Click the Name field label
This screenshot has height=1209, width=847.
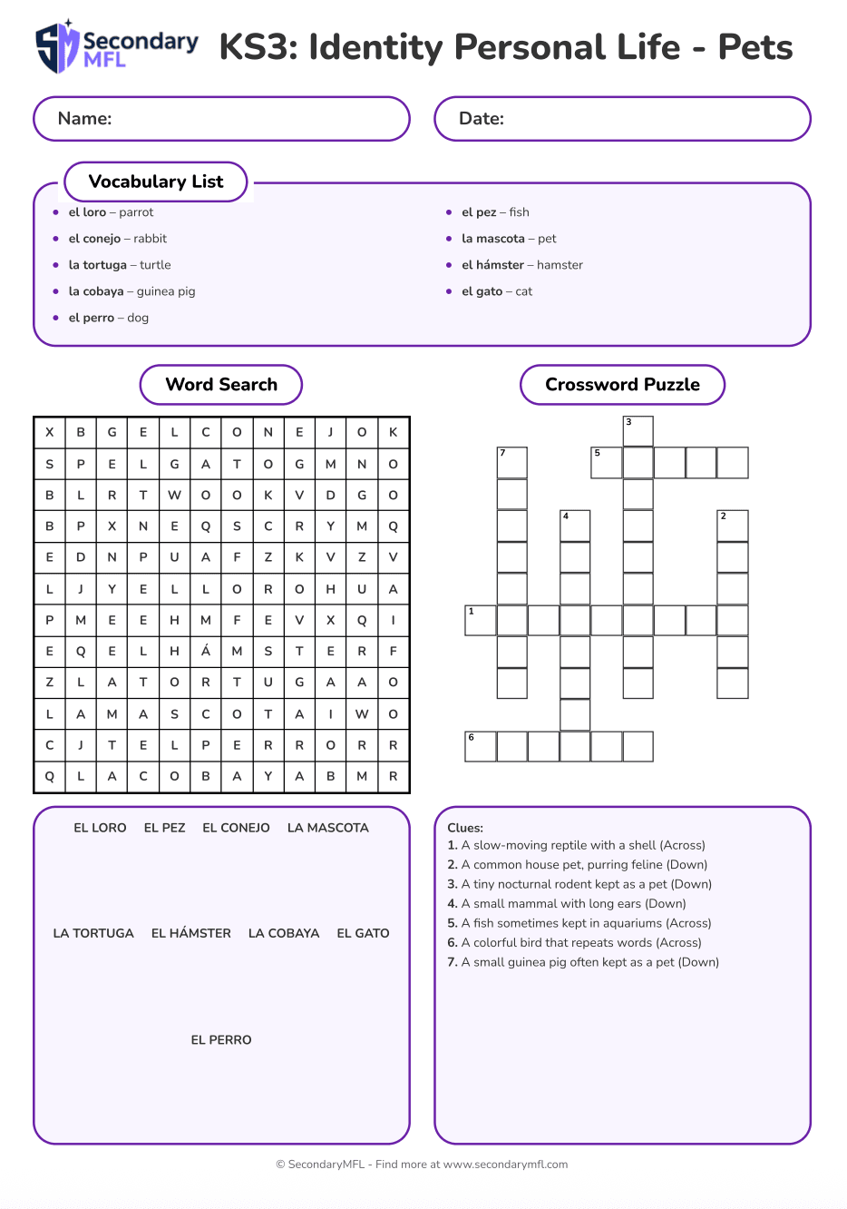pos(84,119)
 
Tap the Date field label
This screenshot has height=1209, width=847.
pos(482,119)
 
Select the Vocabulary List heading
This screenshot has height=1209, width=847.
pos(156,182)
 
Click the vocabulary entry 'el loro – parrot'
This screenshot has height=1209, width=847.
pos(111,212)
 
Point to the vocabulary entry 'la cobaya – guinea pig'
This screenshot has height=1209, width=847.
pos(131,291)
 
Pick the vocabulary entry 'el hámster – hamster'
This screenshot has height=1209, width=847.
pos(521,265)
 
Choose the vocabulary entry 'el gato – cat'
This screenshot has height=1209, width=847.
pos(496,291)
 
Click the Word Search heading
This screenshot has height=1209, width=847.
pos(221,385)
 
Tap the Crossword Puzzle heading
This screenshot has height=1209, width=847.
pos(622,385)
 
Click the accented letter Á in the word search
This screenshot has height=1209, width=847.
pos(206,651)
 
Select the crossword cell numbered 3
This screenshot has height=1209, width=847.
pos(638,431)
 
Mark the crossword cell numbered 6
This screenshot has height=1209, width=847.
pos(481,746)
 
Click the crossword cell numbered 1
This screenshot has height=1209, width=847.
pos(481,620)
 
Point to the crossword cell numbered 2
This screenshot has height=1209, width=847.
pos(732,526)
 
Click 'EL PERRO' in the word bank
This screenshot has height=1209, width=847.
pos(221,1040)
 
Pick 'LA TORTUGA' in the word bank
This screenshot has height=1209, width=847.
pos(93,933)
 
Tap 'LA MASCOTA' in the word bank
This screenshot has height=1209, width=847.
pos(328,828)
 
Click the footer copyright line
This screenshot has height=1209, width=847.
pos(422,1165)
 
